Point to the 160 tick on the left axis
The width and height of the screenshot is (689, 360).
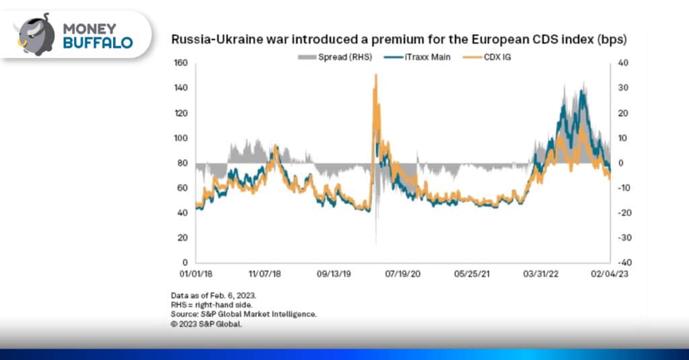click(180, 64)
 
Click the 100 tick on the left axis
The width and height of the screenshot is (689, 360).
click(180, 139)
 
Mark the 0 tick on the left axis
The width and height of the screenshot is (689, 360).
click(184, 262)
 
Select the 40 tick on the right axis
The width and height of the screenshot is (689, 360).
click(622, 64)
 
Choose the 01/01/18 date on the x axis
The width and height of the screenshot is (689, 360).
click(196, 275)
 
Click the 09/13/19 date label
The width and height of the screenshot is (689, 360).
click(334, 275)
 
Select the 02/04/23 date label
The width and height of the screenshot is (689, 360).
click(610, 275)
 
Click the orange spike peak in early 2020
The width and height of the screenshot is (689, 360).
click(375, 75)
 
